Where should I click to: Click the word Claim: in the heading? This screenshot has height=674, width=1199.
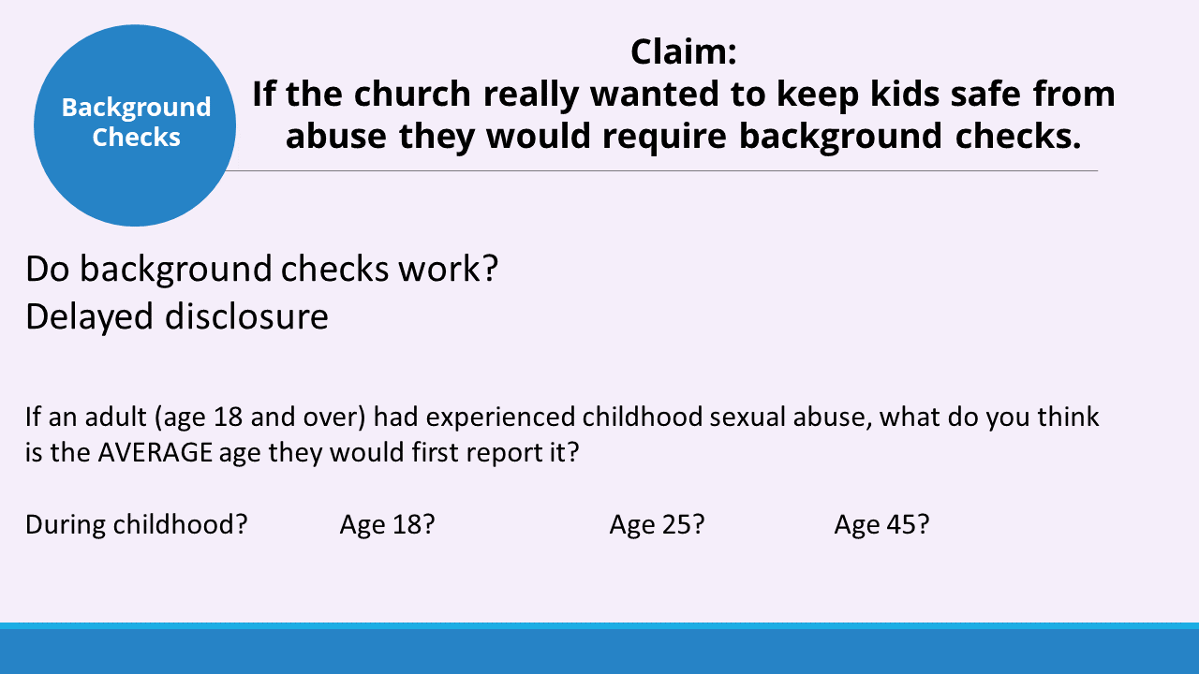684,51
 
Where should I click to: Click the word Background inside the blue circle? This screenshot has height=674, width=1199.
136,109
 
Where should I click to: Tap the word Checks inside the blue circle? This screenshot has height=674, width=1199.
136,137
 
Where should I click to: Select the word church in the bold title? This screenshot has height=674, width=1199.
412,94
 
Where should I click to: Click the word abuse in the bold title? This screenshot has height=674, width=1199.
336,136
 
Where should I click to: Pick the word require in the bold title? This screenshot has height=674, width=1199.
664,138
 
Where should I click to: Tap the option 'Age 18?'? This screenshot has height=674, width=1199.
388,524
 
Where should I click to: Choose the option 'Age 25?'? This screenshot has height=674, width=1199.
657,524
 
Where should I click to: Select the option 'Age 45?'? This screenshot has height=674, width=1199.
881,524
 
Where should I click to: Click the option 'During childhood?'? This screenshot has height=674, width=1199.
137,524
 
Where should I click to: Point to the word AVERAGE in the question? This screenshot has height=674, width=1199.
155,452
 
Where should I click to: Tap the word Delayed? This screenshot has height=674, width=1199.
89,317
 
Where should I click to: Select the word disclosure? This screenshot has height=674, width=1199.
246,316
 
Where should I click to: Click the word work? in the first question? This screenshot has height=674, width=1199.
449,268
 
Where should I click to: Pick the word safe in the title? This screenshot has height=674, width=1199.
985,94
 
